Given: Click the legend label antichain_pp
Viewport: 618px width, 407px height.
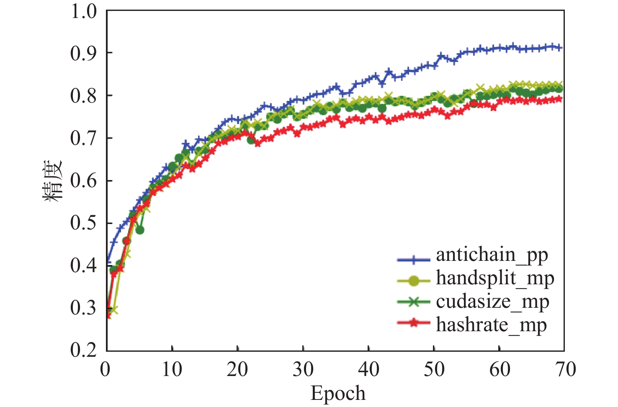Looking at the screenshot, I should click(492, 255).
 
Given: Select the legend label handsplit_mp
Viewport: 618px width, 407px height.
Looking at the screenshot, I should click(495, 278).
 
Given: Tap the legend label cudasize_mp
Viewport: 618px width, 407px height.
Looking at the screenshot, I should click(492, 302).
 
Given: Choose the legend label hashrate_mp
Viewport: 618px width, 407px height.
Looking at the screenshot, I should click(491, 325).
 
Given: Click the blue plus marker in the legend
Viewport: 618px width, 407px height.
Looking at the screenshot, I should click(413, 260).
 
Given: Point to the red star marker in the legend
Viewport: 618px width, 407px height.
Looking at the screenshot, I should click(413, 323).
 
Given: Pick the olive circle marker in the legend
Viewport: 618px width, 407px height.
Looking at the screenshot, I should click(413, 281).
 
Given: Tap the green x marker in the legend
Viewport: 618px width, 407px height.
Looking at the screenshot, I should click(413, 302).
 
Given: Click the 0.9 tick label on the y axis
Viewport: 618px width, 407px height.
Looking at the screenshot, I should click(83, 53).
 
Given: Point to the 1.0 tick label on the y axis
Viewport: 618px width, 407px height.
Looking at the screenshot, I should click(83, 11).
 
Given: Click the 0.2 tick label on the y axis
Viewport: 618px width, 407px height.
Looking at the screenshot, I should click(83, 350).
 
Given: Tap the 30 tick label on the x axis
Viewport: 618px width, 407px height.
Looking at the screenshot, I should click(303, 370).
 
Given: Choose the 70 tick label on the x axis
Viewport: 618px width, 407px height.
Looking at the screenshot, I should click(564, 370).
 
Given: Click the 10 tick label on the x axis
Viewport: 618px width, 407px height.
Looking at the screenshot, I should click(172, 370).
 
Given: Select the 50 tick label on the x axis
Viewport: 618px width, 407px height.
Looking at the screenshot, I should click(434, 370).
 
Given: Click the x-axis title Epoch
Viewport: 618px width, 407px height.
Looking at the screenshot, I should click(338, 394).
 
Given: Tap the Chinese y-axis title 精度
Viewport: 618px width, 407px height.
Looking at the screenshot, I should click(53, 180).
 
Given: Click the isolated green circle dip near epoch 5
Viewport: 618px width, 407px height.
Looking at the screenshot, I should click(140, 230).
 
